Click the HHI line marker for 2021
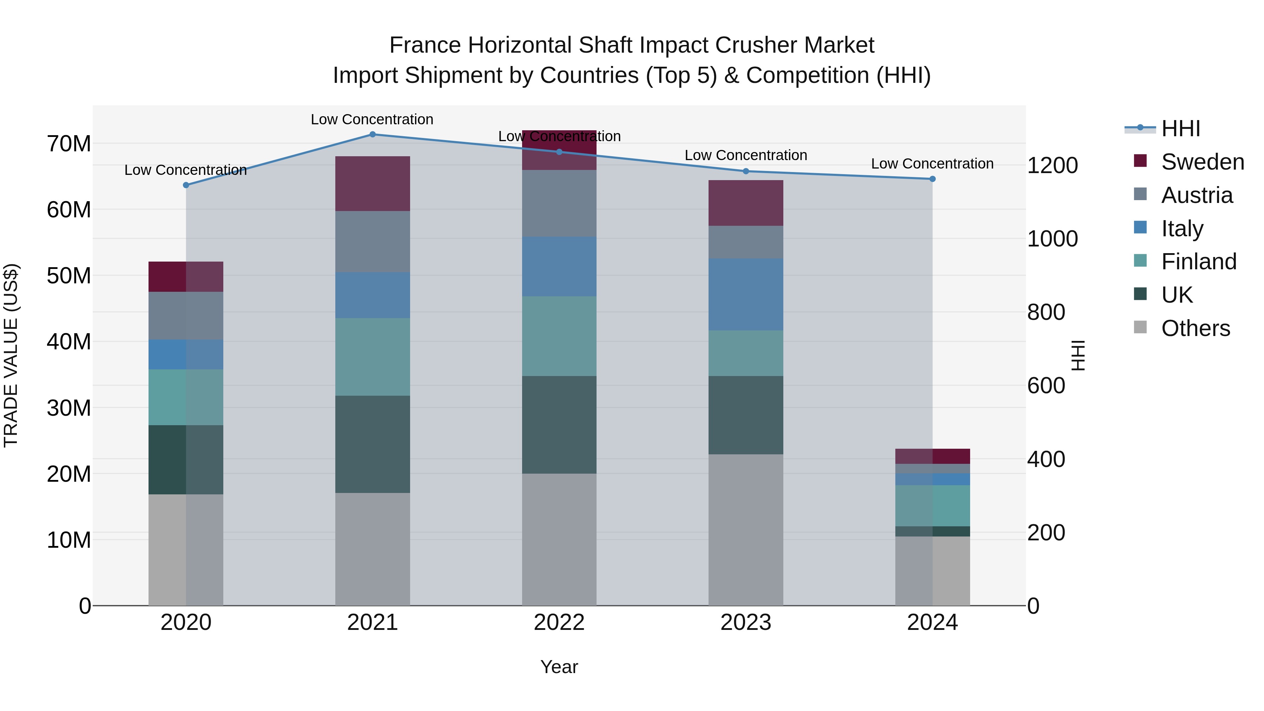[x=373, y=134]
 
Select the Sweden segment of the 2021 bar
[x=373, y=184]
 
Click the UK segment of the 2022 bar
[x=559, y=424]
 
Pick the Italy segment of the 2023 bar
[x=745, y=295]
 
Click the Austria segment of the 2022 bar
[x=559, y=203]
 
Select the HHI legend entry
[x=1180, y=129]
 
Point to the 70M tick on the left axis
[x=69, y=144]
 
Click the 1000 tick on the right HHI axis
[x=1053, y=239]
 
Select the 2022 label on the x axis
[x=559, y=623]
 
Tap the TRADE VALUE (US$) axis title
[x=11, y=355]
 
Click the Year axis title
[x=559, y=667]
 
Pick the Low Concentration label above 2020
[x=185, y=170]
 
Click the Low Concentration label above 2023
[x=745, y=155]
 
